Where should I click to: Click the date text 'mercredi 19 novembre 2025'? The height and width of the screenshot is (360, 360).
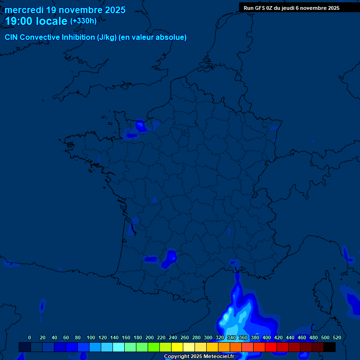click(x=65, y=10)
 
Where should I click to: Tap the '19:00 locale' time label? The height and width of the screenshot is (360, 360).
click(x=36, y=21)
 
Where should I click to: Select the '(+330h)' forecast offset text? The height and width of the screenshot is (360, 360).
click(x=83, y=21)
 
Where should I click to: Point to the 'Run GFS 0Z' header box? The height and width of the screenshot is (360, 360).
click(x=292, y=8)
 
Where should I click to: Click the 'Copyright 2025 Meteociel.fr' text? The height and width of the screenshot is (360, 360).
click(x=199, y=357)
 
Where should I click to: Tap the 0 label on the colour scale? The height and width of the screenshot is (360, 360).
click(x=30, y=337)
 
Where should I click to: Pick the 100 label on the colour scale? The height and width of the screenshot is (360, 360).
click(x=91, y=337)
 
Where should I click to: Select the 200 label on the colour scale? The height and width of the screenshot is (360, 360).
click(x=150, y=337)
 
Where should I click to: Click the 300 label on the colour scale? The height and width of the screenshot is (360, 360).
click(x=208, y=337)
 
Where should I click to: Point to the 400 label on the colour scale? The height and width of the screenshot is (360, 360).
click(x=267, y=337)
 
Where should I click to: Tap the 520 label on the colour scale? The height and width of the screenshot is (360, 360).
click(x=337, y=337)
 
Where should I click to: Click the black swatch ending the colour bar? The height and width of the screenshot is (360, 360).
click(x=330, y=347)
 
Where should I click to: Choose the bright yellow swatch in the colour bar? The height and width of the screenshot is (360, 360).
click(x=177, y=347)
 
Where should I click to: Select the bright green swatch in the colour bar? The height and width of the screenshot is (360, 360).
click(x=154, y=347)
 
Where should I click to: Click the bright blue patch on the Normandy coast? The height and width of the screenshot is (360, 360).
click(x=140, y=125)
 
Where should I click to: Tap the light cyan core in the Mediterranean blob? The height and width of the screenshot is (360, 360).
click(x=226, y=318)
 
